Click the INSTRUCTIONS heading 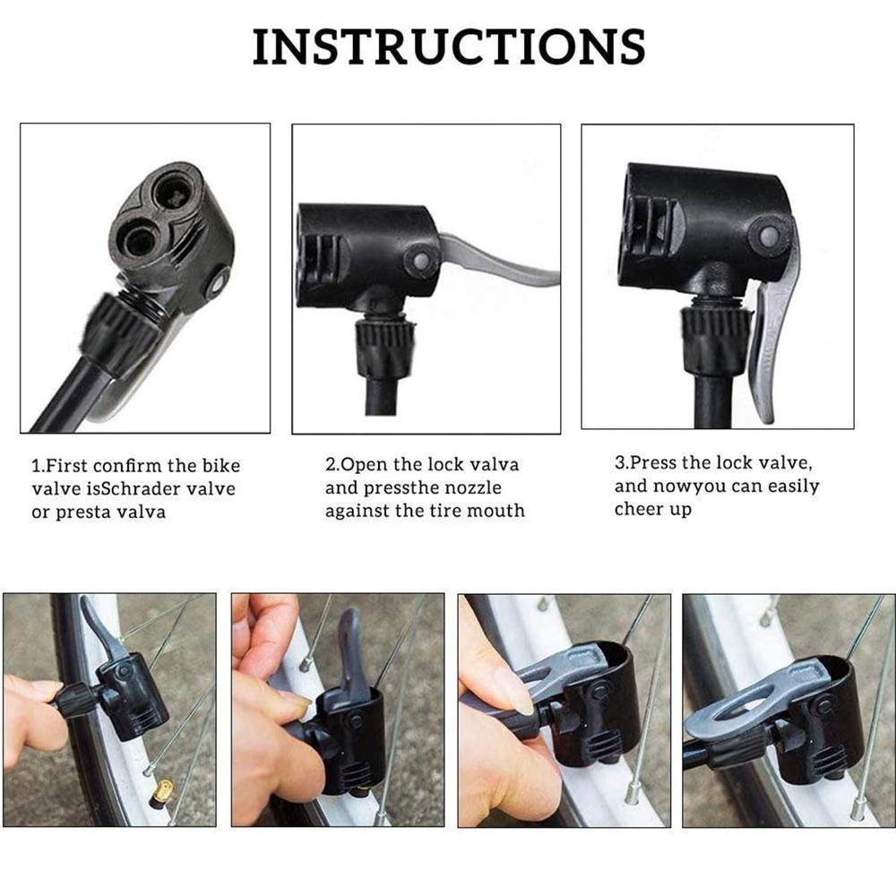448,47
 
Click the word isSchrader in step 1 115,489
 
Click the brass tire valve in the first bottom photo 163,789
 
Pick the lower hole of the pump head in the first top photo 139,237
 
